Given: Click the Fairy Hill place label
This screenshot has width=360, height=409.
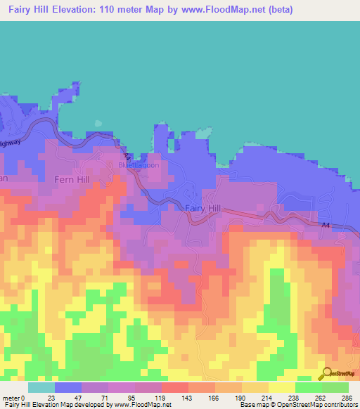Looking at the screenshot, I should pos(204,209).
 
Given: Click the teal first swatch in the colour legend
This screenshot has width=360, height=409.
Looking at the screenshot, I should pos(41,387).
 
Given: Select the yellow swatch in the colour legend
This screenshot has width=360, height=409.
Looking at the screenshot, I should pos(282,387).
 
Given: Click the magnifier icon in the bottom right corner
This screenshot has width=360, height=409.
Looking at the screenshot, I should pos(326,374).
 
